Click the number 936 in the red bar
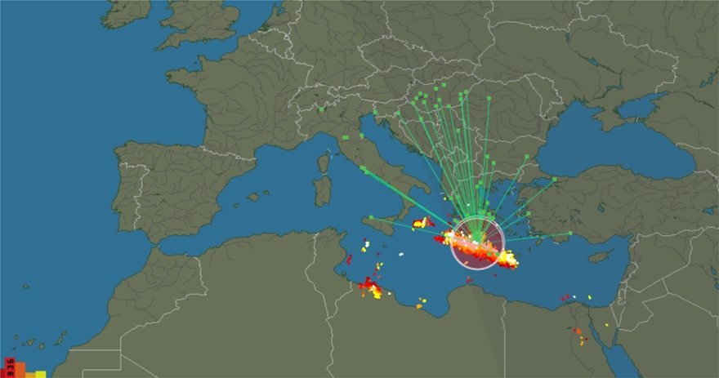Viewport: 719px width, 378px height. click(x=9, y=365)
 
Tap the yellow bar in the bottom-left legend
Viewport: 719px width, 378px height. click(x=39, y=374)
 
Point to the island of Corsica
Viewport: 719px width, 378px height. click(x=324, y=162)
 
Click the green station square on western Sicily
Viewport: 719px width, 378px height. click(x=371, y=218)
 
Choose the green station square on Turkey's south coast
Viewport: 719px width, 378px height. click(x=570, y=233)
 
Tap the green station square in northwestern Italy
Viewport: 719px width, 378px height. click(x=323, y=109)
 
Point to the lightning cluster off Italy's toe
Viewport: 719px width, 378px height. click(x=422, y=222)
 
